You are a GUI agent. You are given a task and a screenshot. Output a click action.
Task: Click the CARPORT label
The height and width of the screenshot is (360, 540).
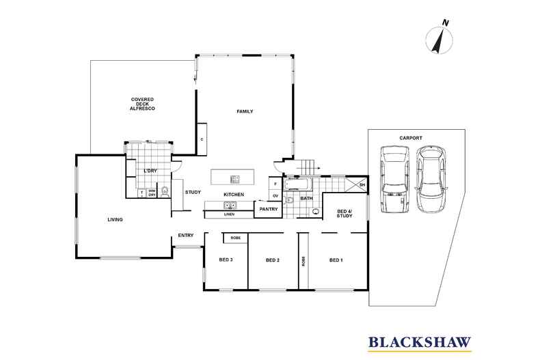(409, 138)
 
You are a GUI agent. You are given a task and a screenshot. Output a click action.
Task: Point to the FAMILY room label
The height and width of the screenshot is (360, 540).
(245, 111)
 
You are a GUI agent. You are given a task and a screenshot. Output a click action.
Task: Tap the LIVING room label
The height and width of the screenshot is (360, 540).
(116, 220)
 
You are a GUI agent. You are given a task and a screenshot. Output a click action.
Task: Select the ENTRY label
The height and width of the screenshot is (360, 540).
(186, 236)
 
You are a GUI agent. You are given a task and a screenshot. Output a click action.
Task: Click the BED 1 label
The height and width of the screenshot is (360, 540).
(336, 260)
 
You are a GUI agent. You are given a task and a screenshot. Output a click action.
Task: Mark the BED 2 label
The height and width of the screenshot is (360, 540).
(273, 260)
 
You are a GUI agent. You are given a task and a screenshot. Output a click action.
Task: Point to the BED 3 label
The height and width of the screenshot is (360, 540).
(226, 260)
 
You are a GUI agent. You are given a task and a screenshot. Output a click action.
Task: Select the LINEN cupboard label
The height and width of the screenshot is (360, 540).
(229, 214)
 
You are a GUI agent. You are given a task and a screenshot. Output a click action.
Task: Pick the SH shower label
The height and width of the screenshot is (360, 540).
(362, 184)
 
